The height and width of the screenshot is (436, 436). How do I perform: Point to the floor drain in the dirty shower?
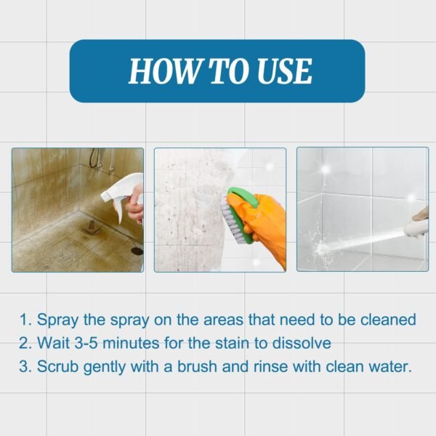click(137, 249)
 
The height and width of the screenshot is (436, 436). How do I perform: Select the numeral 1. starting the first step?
click(25, 320)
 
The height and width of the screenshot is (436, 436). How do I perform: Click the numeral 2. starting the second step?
click(25, 343)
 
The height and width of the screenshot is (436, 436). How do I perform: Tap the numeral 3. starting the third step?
click(25, 366)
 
